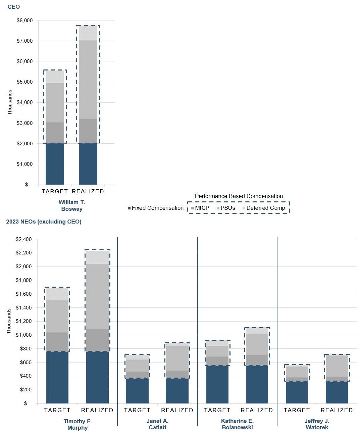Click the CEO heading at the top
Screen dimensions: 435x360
14,7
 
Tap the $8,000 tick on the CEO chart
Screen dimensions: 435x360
25,20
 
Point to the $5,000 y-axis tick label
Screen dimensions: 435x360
25,82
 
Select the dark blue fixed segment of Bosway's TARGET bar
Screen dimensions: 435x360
55,164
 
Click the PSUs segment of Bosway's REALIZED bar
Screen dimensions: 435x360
88,80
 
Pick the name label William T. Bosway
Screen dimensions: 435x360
72,205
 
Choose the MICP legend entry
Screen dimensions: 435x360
200,208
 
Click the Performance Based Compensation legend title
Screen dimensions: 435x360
239,196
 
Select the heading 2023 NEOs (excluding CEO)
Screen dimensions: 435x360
44,222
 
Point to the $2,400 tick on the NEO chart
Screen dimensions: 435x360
24,239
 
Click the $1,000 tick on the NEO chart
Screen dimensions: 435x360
24,335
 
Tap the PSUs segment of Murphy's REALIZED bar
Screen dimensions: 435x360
97,296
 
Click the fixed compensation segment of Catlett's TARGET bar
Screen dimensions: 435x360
137,391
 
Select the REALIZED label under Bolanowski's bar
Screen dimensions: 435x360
257,410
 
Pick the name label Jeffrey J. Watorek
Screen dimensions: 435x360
317,424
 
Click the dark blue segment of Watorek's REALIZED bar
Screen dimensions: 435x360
337,392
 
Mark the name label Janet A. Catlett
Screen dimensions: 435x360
157,424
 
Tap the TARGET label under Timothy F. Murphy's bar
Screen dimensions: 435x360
57,410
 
